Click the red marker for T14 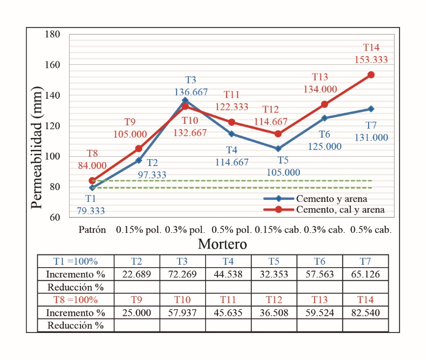coord(371,75)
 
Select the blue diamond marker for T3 coord(185,100)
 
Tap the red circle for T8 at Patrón coord(92,181)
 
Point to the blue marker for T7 coord(371,109)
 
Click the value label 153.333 coord(371,60)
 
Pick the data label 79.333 coord(91,211)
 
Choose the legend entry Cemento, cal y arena coord(340,210)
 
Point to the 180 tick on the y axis coord(52,34)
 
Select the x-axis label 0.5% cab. coord(371,230)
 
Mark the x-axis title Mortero coord(222,244)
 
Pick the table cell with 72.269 coord(182,274)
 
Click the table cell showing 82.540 coord(366,312)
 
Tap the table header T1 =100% coord(76,261)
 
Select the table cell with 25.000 coord(136,312)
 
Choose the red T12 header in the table coord(274,300)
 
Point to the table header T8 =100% coord(76,300)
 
